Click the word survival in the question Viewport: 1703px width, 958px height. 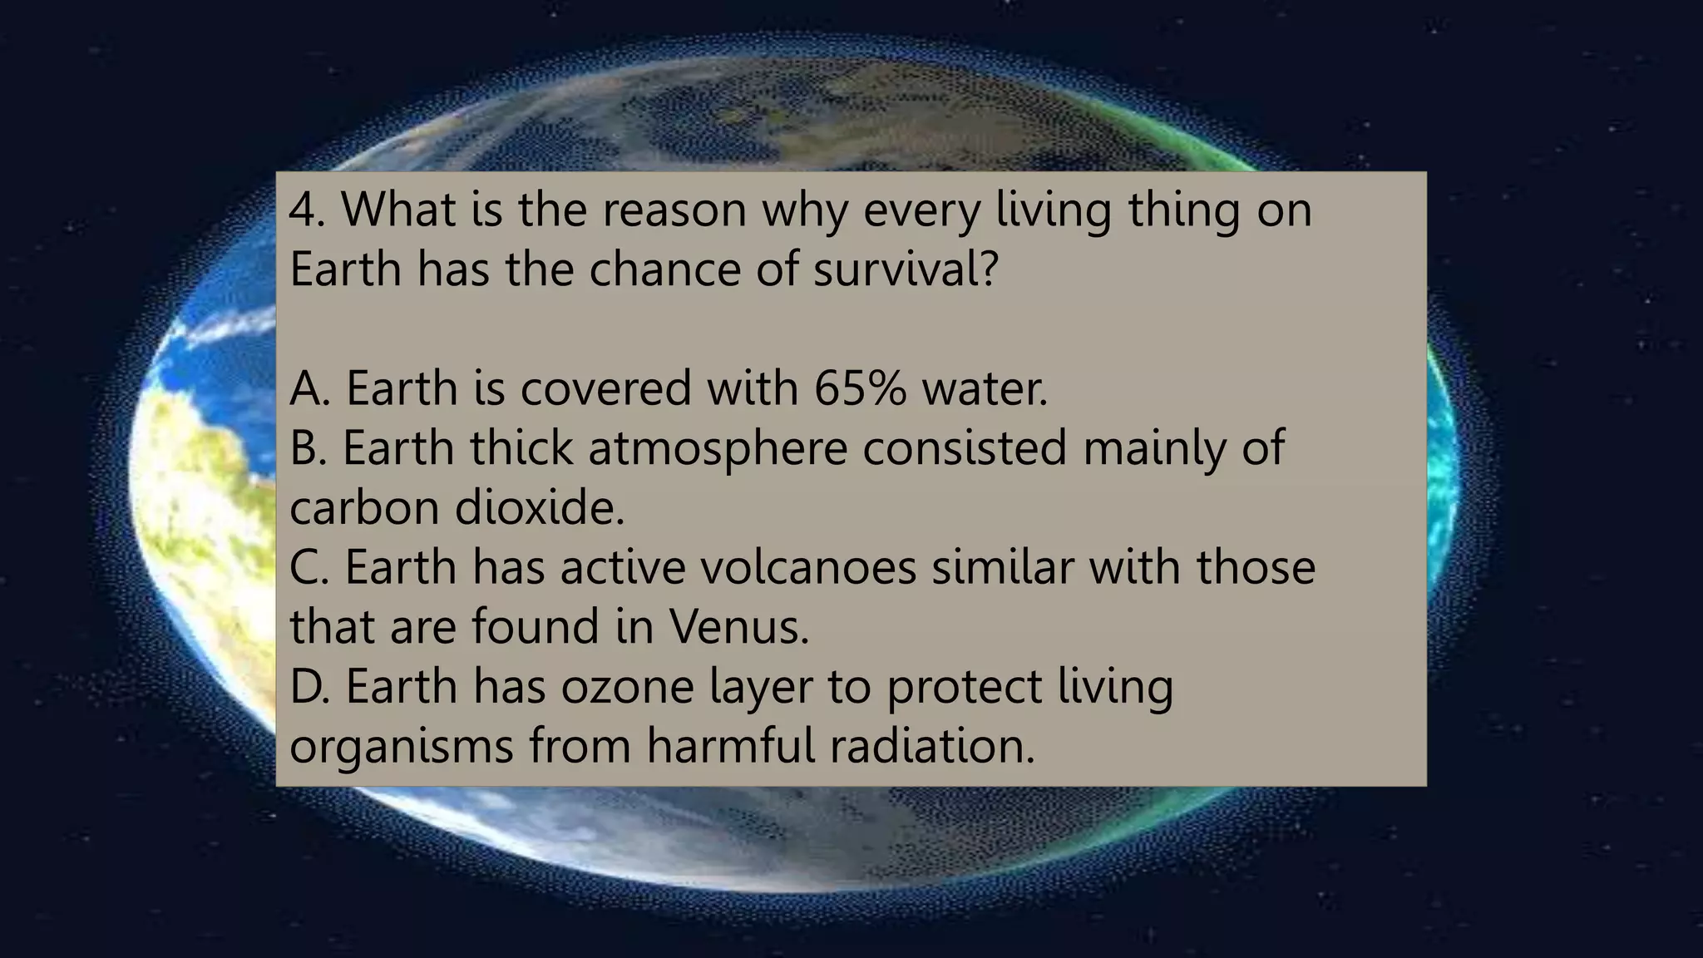[905, 269]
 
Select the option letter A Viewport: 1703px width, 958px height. [308, 388]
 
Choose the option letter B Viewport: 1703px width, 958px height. [307, 448]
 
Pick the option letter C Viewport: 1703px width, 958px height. [307, 567]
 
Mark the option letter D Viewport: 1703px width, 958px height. [308, 687]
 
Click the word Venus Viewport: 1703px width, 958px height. [738, 627]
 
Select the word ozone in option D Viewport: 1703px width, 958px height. [627, 687]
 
